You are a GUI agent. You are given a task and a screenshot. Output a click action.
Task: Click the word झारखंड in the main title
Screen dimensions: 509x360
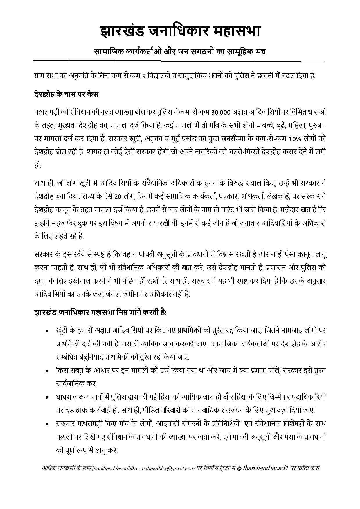(x=122, y=31)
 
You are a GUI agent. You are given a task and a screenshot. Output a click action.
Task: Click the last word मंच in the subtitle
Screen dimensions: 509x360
(x=258, y=51)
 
